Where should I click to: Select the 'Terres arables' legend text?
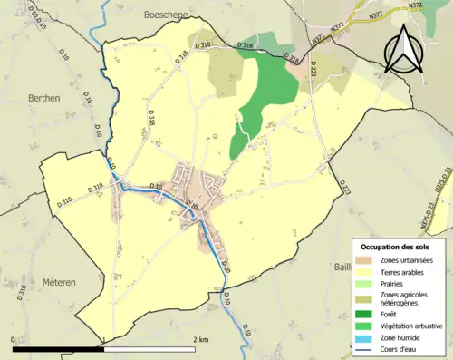(x=406, y=271)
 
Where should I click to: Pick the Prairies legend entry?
(x=396, y=284)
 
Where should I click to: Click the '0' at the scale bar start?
(x=13, y=339)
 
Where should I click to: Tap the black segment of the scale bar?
(x=59, y=348)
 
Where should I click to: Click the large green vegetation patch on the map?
(x=267, y=91)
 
